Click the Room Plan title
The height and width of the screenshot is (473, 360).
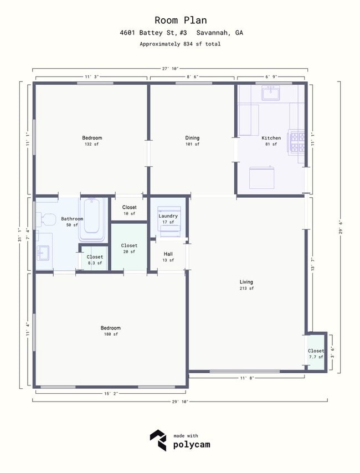click(180, 20)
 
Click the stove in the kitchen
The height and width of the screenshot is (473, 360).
click(298, 142)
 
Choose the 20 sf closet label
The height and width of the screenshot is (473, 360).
click(129, 248)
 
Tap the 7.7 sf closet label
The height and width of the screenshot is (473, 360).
click(316, 354)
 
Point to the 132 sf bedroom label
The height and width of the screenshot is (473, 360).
click(92, 141)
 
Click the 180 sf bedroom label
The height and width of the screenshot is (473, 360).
click(111, 331)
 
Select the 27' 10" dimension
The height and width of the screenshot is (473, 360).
click(170, 69)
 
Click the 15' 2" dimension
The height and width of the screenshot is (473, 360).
click(111, 393)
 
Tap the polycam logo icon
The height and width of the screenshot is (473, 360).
click(158, 440)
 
